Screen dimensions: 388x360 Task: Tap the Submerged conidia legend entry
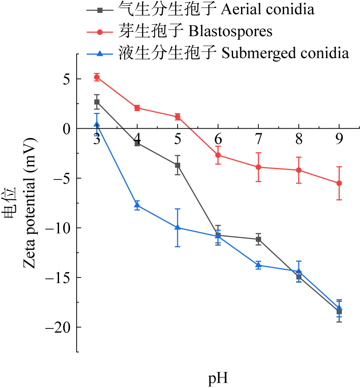click(234, 54)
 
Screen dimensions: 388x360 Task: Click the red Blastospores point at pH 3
click(96, 77)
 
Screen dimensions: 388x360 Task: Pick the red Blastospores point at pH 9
click(339, 183)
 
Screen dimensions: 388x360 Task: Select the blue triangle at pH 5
click(178, 227)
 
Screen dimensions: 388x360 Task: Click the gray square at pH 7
click(258, 239)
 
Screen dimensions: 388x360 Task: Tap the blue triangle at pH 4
click(137, 205)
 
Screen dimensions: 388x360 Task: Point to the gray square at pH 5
click(178, 165)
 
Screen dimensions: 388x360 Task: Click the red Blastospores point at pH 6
click(218, 155)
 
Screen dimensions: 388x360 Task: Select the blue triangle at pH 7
click(258, 265)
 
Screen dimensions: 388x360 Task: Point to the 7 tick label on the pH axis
click(258, 139)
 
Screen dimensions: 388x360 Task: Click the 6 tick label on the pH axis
click(218, 139)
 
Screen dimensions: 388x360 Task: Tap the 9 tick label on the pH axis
click(339, 139)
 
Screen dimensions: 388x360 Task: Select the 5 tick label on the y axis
click(67, 79)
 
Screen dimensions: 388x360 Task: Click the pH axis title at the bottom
click(218, 378)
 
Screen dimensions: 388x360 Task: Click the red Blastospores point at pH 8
click(299, 170)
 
